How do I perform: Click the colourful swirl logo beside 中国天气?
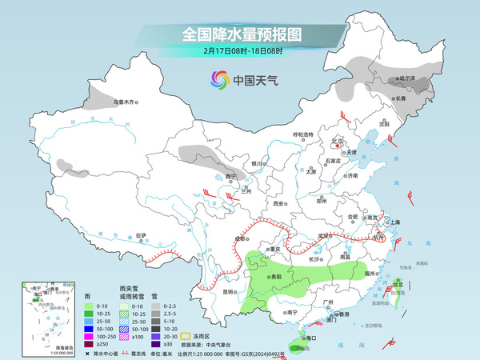218,80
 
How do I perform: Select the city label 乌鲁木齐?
125,102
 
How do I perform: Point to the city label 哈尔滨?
408,78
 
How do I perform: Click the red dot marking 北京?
337,146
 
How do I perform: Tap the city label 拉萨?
141,235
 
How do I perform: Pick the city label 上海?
394,222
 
